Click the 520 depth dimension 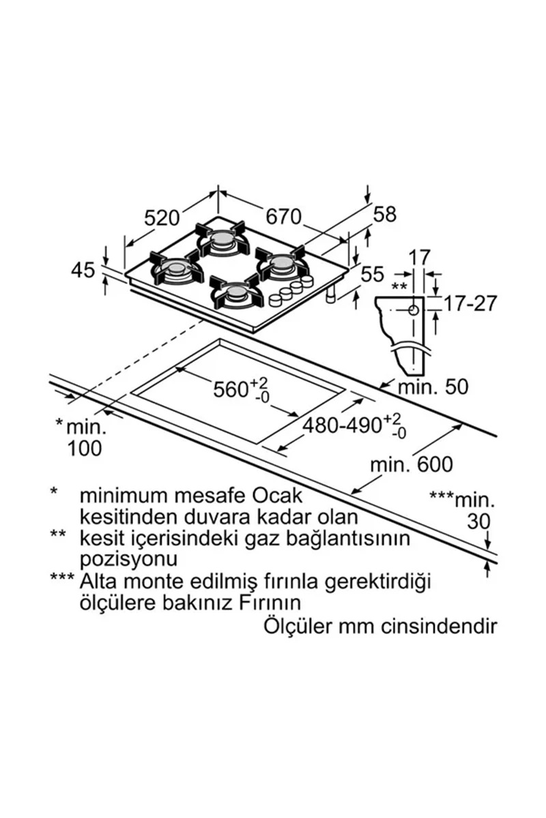[x=162, y=218]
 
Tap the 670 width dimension [x=283, y=217]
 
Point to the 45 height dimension [x=83, y=271]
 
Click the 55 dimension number [x=373, y=275]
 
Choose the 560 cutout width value [x=231, y=389]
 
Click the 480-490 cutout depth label [x=342, y=425]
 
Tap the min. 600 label [x=412, y=465]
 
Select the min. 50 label [x=433, y=387]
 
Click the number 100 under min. [x=85, y=449]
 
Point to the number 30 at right [x=478, y=522]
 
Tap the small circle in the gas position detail [x=414, y=310]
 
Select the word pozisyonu [x=128, y=560]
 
